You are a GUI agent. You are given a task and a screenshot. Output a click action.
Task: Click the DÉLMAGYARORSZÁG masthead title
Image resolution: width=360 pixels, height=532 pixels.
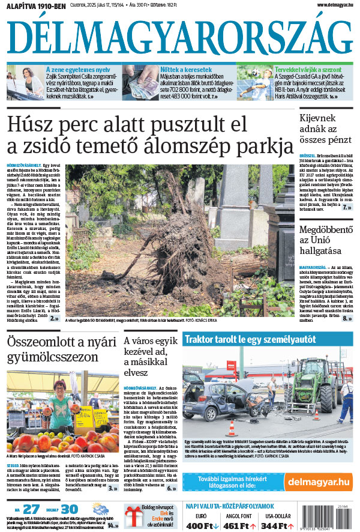point(179,37)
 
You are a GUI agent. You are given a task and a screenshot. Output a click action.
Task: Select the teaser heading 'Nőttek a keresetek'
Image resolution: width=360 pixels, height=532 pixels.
point(186,70)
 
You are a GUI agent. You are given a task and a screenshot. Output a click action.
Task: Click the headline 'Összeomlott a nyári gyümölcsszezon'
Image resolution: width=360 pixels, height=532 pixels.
point(54,349)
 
